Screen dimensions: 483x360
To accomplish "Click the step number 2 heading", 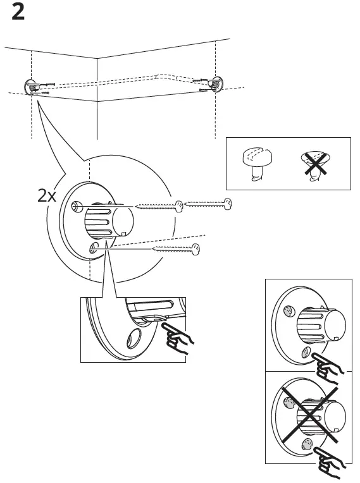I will click(18, 13).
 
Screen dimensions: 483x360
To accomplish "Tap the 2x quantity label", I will click(47, 195).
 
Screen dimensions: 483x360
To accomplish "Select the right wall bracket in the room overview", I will click(217, 83).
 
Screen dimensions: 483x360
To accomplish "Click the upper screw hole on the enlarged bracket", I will click(76, 206).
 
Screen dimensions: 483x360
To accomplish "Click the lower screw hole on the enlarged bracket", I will click(94, 246).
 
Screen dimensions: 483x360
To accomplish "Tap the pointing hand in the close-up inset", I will click(177, 338).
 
